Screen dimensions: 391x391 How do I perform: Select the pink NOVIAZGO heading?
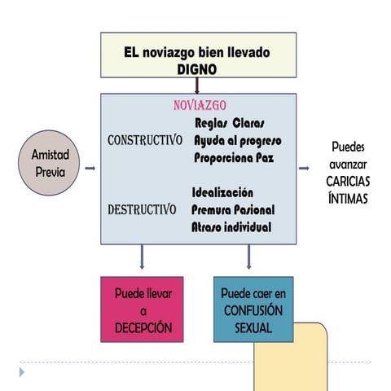(x=200, y=106)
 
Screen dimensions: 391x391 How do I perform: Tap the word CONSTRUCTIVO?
(x=145, y=140)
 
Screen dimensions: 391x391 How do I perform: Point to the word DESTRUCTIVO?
(x=142, y=209)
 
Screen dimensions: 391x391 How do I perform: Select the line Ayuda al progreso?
(x=237, y=140)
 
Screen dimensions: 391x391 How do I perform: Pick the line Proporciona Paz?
(x=234, y=157)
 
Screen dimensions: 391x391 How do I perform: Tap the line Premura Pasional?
(x=233, y=209)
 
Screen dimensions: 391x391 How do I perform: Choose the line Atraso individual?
(x=231, y=226)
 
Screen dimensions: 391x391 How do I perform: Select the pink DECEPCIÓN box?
(x=143, y=309)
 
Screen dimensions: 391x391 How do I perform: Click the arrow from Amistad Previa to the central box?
(x=90, y=169)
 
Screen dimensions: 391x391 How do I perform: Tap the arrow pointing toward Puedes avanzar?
(x=304, y=169)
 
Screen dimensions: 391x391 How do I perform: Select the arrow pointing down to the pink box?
(x=143, y=257)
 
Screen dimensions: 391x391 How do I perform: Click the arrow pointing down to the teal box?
(x=248, y=257)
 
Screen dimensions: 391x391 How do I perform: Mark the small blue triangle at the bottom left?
(x=22, y=371)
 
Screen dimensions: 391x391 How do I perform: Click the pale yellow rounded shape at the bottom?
(x=293, y=358)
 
